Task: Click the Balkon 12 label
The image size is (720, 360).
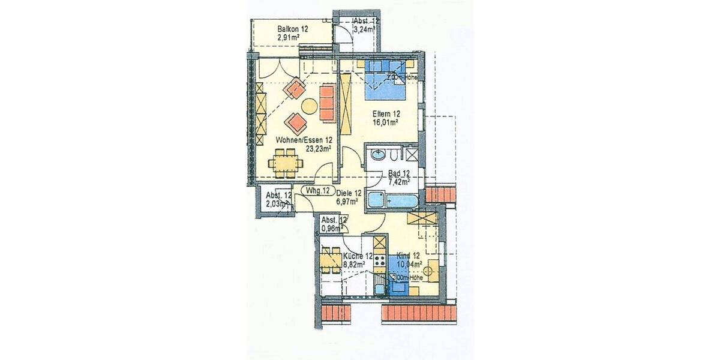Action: pos(292,29)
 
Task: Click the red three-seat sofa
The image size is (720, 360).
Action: pos(327,102)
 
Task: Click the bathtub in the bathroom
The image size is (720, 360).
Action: pos(386,200)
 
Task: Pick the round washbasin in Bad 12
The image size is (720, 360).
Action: pos(379,155)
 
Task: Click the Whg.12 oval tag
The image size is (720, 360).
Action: pos(318,191)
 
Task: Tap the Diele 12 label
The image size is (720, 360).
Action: pos(349,193)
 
